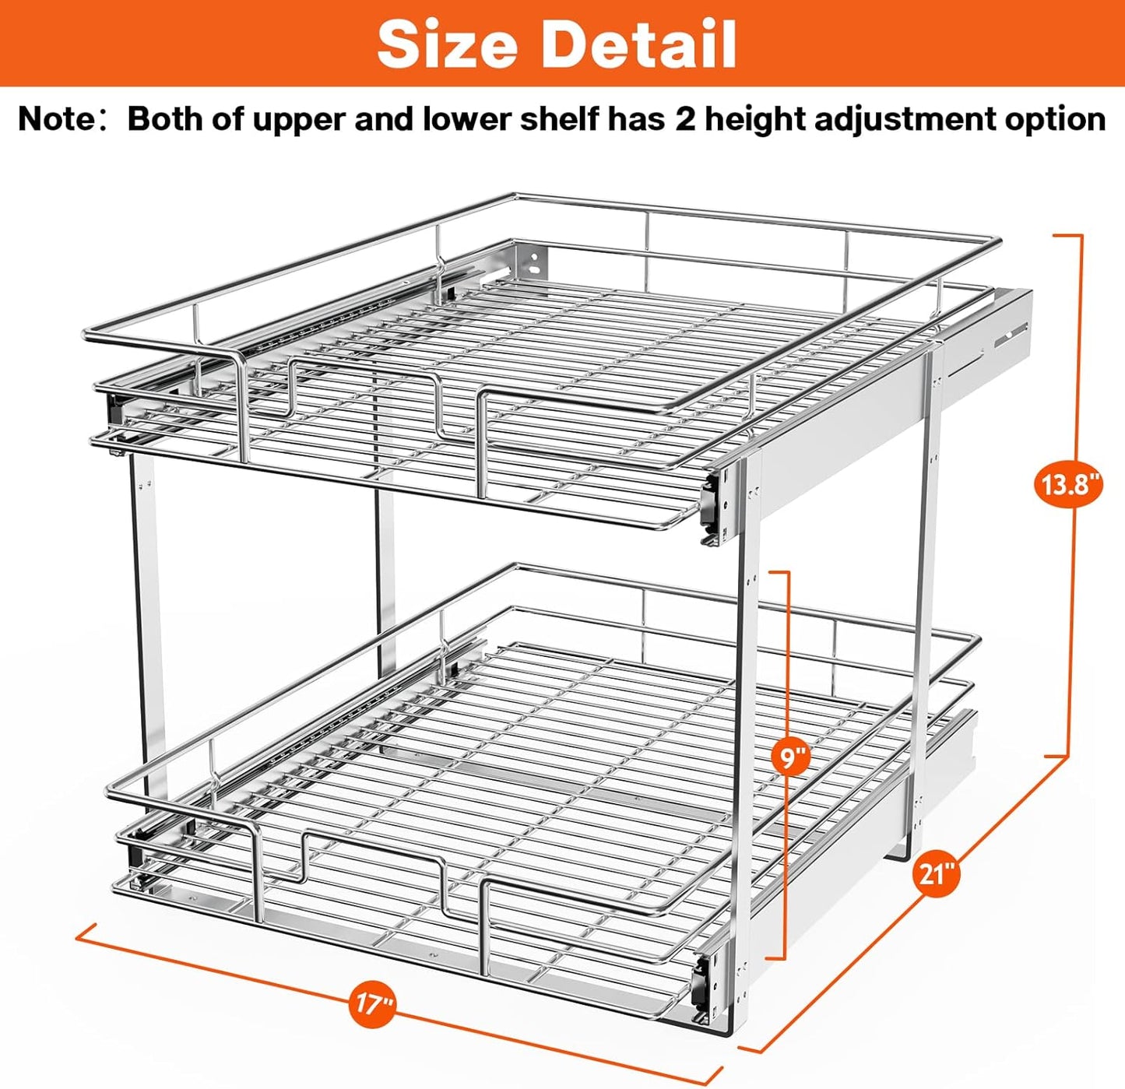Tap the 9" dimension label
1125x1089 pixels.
[x=791, y=757]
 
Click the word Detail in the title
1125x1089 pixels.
[x=638, y=44]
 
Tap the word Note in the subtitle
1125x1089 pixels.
[x=54, y=120]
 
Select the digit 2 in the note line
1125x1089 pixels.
[x=684, y=120]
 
